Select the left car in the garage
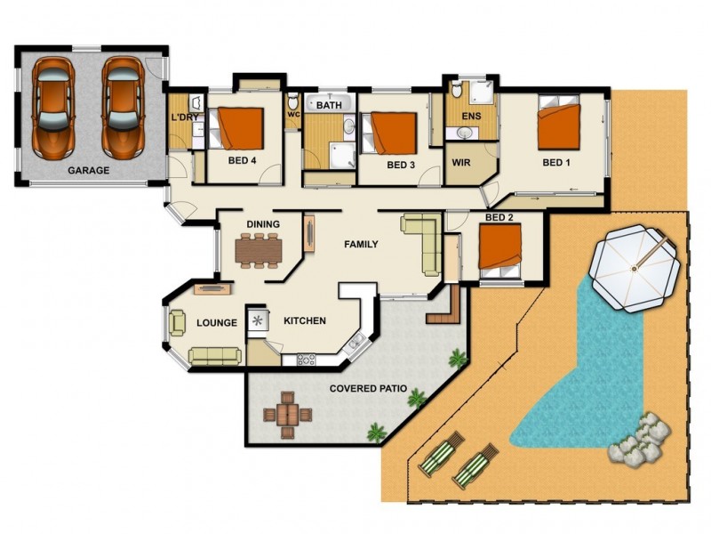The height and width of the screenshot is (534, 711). (x=52, y=106)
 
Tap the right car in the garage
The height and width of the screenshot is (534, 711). (x=122, y=106)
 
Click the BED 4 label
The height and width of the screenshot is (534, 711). (x=242, y=161)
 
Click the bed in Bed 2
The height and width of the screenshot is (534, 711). (x=499, y=246)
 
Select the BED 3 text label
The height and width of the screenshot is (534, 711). (x=401, y=166)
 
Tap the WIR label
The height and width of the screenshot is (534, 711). (x=461, y=164)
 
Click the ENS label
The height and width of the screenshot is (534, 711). (x=470, y=117)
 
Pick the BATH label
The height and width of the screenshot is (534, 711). (x=329, y=106)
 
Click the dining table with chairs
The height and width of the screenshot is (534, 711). (x=258, y=249)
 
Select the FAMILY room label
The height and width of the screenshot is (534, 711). (x=362, y=245)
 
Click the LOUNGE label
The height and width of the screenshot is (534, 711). (x=216, y=323)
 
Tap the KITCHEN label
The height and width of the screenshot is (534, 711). (x=304, y=321)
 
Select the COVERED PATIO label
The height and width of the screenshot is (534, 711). (x=368, y=389)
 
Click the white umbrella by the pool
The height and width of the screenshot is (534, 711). (x=636, y=268)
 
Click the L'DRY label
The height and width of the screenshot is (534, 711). (x=185, y=117)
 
